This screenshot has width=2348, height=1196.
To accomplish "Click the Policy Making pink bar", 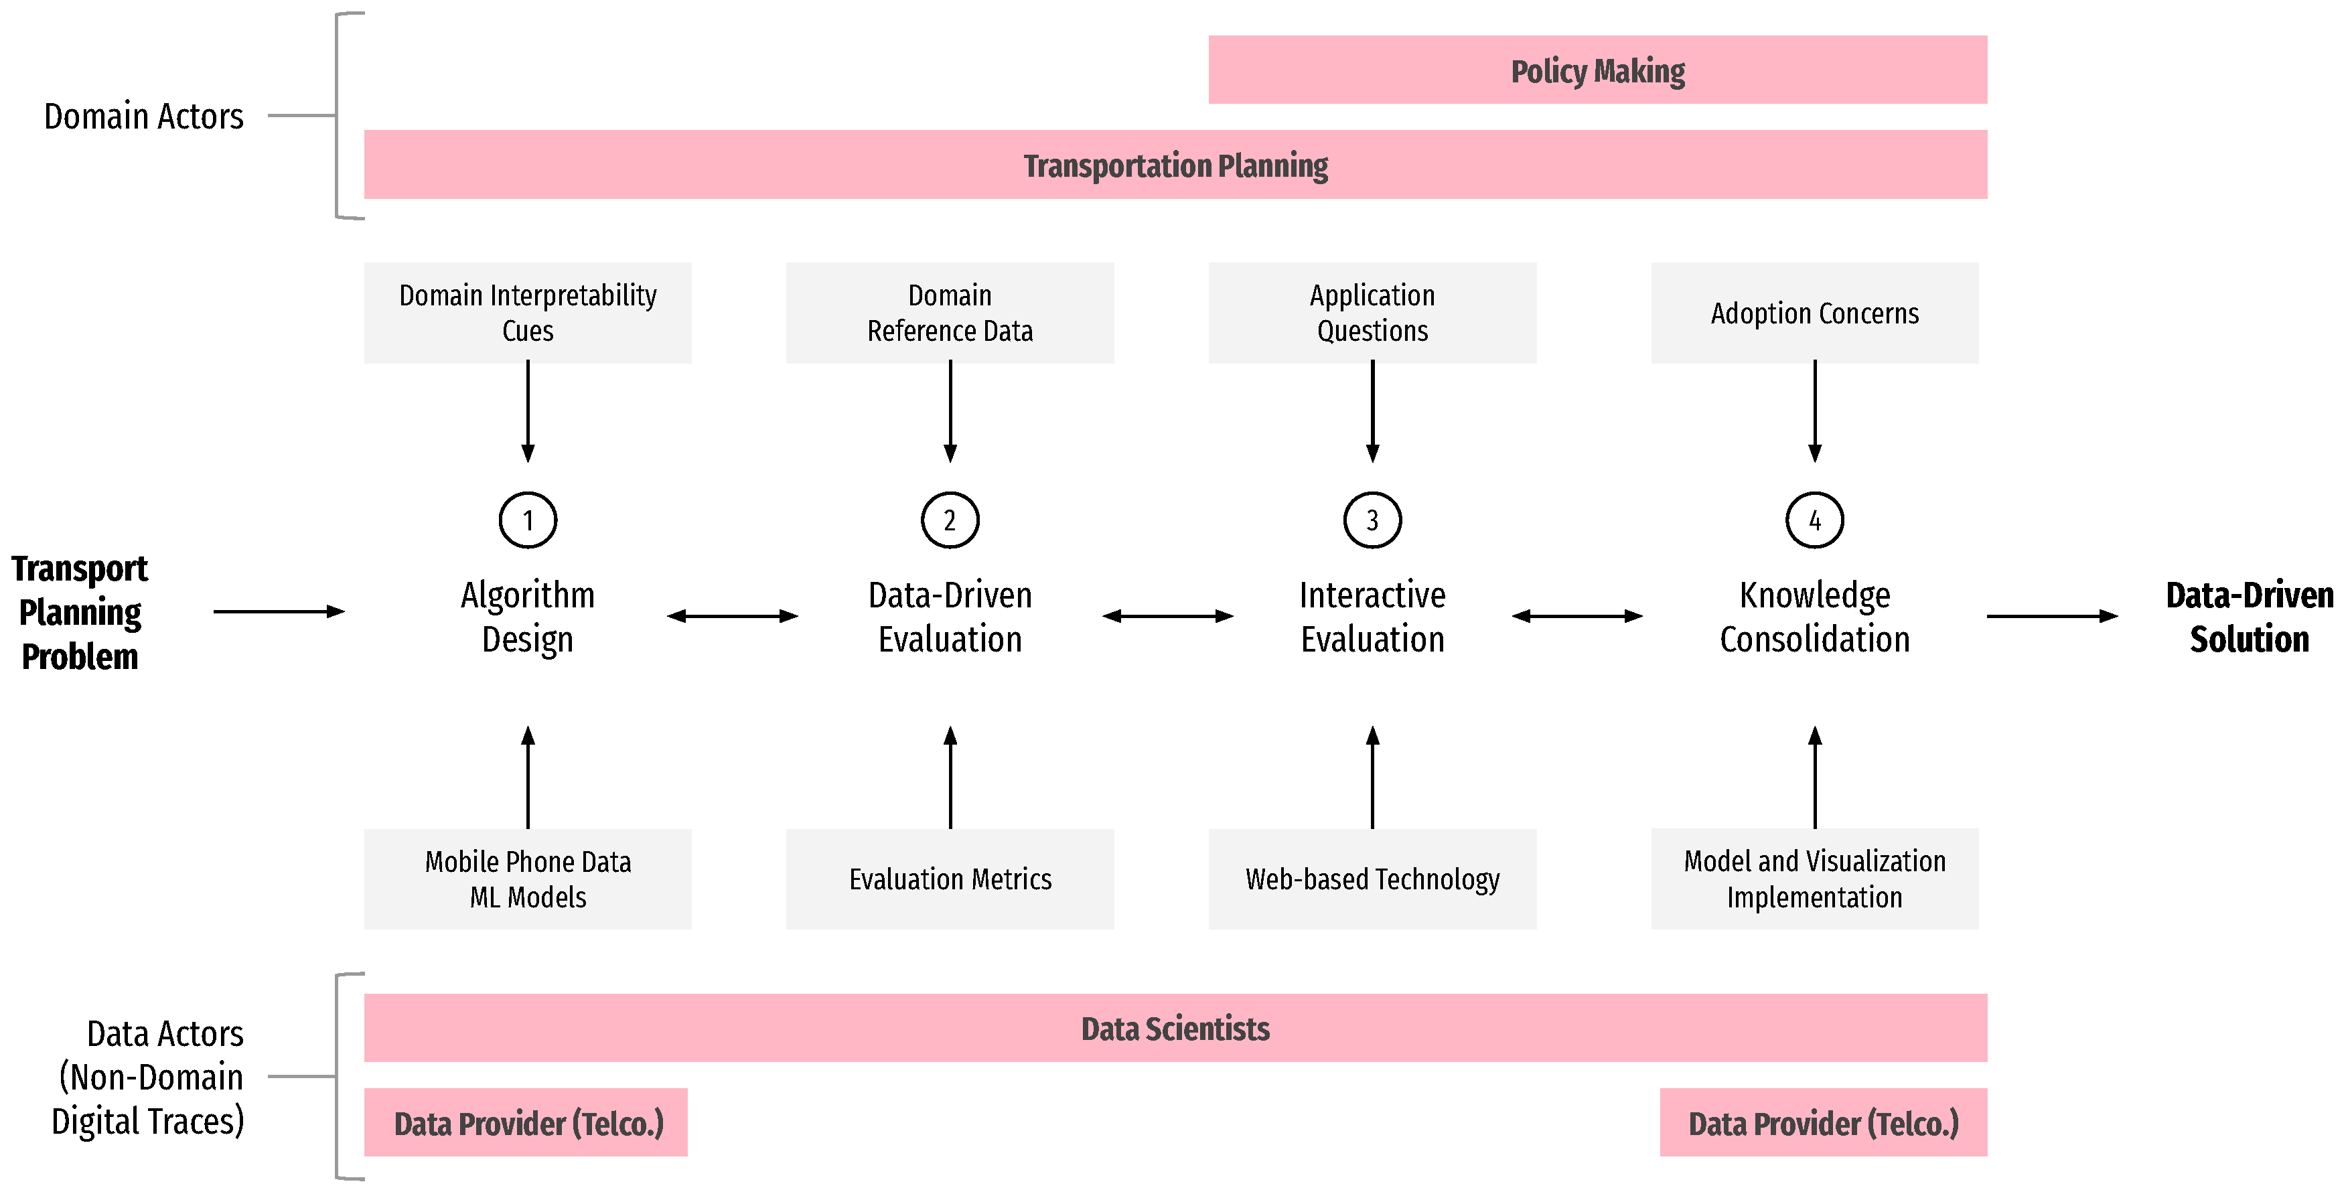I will pyautogui.click(x=1597, y=70).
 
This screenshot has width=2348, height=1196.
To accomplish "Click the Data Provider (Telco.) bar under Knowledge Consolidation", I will pyautogui.click(x=1823, y=1123).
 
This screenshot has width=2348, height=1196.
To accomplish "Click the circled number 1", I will pyautogui.click(x=528, y=520).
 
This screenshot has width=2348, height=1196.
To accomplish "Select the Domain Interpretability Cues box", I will pyautogui.click(x=528, y=313).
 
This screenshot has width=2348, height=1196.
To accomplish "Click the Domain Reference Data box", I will pyautogui.click(x=950, y=313).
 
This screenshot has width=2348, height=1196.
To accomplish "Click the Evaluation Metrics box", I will pyautogui.click(x=950, y=879).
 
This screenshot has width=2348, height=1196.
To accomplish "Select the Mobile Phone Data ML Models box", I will pyautogui.click(x=528, y=879).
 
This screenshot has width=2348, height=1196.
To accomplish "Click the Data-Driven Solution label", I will pyautogui.click(x=2249, y=617).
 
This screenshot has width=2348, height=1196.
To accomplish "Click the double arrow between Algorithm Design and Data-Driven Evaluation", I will pyautogui.click(x=732, y=616).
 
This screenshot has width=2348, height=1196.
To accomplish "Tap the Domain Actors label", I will pyautogui.click(x=144, y=117).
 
